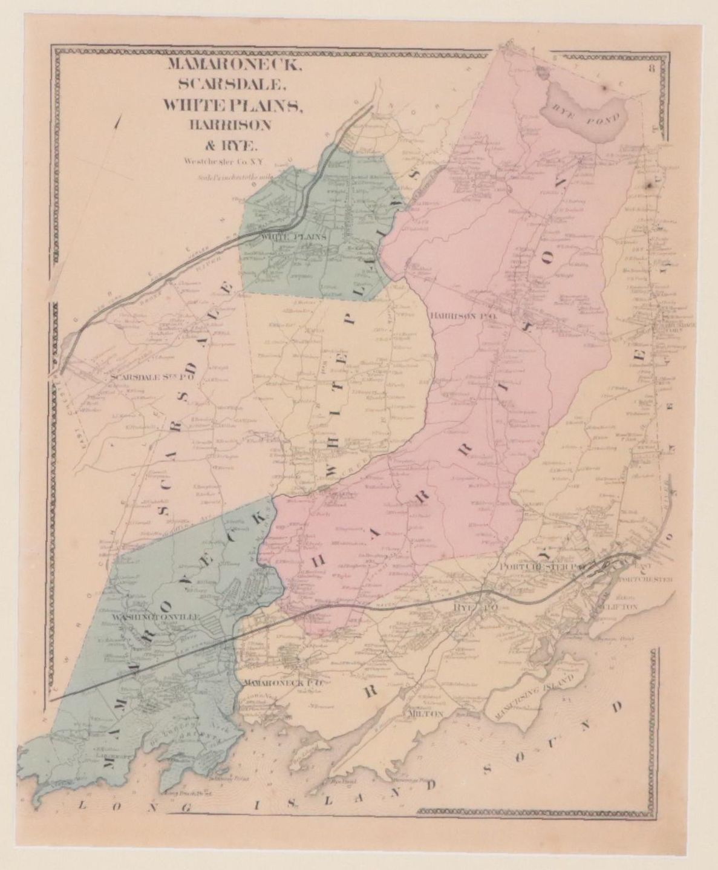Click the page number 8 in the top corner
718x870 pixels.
[x=652, y=68]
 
